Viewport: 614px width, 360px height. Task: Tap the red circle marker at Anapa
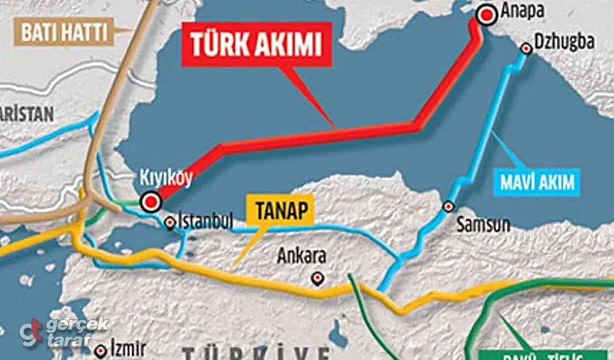click(x=488, y=14)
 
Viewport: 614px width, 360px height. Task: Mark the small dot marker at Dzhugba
click(x=527, y=49)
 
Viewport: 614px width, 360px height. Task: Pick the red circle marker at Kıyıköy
click(x=151, y=202)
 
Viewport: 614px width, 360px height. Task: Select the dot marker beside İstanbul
click(x=170, y=223)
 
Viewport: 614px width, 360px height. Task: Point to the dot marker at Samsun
click(x=448, y=206)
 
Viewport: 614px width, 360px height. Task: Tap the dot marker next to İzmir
click(x=101, y=351)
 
